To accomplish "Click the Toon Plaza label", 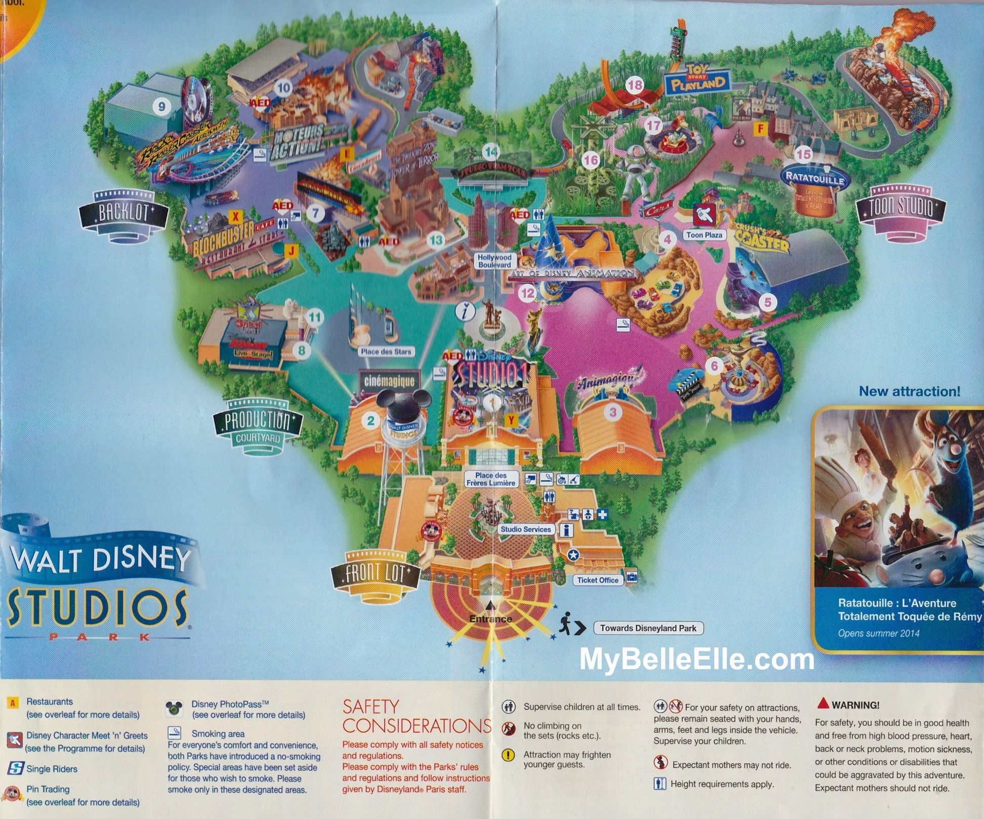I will click(x=704, y=235).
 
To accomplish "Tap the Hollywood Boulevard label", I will click(x=495, y=261).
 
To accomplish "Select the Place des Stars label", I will click(x=386, y=351).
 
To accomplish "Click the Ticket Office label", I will click(x=598, y=580).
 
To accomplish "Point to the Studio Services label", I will click(x=525, y=529).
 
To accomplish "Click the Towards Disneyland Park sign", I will click(x=648, y=628).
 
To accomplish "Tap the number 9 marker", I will click(x=161, y=106).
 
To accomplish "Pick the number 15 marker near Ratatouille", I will click(x=803, y=154).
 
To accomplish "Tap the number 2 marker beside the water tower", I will click(x=371, y=420).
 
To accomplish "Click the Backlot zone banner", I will click(x=123, y=213).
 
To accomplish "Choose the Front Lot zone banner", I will click(x=375, y=574).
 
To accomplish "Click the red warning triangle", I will click(x=823, y=704).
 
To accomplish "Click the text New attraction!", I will click(x=909, y=391).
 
